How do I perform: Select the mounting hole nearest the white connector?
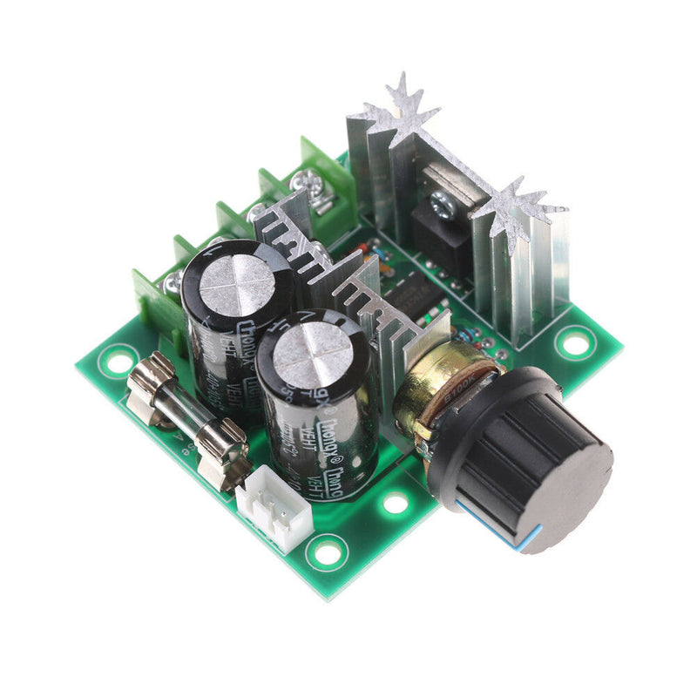tap(326, 552)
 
